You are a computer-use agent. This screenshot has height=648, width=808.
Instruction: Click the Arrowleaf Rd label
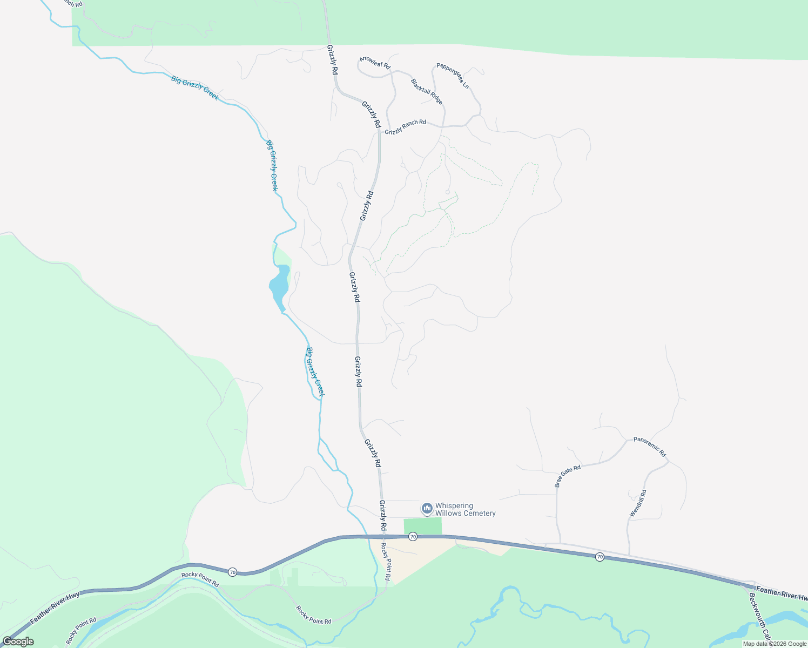point(375,62)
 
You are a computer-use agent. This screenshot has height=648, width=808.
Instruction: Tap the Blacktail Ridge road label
point(427,92)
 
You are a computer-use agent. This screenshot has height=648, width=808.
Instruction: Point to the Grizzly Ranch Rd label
point(405,127)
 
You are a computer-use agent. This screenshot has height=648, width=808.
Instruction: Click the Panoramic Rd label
point(650,447)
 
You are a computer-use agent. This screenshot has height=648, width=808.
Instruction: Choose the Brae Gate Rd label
point(568,475)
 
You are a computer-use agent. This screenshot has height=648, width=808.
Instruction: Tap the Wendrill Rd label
point(638,503)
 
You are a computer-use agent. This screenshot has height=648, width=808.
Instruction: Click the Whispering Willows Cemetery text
point(465,510)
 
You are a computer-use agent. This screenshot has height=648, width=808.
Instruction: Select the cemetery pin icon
point(427,509)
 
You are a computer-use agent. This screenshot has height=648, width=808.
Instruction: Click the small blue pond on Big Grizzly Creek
point(279,285)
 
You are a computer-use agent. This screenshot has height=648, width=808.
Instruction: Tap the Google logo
point(18,642)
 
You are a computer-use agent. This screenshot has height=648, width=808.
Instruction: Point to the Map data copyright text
point(775,644)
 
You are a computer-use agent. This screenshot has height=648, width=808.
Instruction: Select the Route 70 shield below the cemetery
point(413,536)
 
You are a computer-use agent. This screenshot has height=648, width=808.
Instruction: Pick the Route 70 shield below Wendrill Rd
point(600,557)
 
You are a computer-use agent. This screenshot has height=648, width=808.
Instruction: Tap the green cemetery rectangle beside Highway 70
point(423,526)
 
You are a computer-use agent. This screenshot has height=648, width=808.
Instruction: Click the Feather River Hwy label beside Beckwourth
point(782,593)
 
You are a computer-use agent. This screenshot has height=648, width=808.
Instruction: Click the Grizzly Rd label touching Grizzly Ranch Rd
point(372,114)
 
